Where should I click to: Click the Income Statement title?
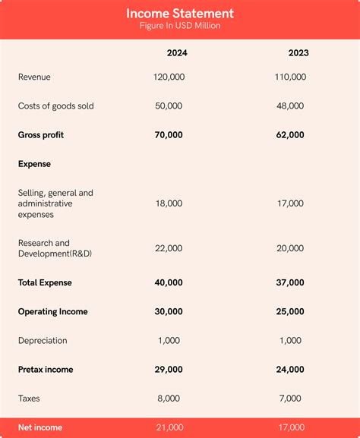point(180,14)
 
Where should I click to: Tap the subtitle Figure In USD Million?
point(180,27)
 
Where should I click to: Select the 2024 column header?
point(177,53)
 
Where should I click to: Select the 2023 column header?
point(298,53)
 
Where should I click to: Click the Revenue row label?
point(34,77)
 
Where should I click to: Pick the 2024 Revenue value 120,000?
point(169,77)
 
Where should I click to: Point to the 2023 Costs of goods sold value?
point(290,106)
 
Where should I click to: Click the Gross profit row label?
point(41,135)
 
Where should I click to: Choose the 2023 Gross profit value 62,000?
point(290,135)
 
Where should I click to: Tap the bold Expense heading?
point(34,164)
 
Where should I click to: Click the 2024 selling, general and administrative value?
point(169,203)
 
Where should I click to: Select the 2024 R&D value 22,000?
point(169,248)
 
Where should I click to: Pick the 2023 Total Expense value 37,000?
point(290,282)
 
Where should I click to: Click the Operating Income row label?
point(52,311)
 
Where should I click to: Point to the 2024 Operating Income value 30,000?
point(169,311)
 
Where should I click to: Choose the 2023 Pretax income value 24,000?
point(290,370)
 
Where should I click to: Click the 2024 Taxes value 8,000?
point(169,399)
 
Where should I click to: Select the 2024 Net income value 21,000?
point(169,427)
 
